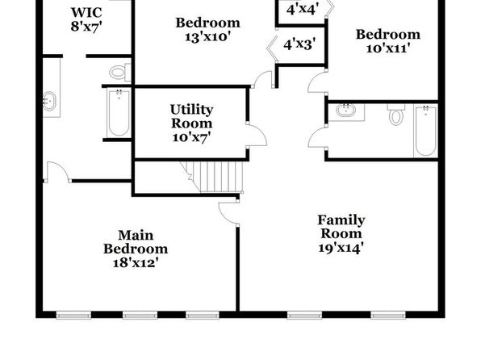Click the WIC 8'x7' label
click(86, 19)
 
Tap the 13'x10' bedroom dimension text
click(207, 37)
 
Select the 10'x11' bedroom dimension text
click(388, 48)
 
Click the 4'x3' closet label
click(299, 44)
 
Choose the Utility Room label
click(192, 116)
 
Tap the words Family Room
click(341, 227)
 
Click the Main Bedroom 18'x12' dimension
click(136, 262)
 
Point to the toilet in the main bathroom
click(120, 72)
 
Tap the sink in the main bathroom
click(49, 101)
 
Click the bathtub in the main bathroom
click(119, 113)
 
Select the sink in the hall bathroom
click(345, 110)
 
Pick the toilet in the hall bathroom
click(396, 114)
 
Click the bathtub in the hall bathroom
click(425, 131)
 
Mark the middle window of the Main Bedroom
click(140, 315)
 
